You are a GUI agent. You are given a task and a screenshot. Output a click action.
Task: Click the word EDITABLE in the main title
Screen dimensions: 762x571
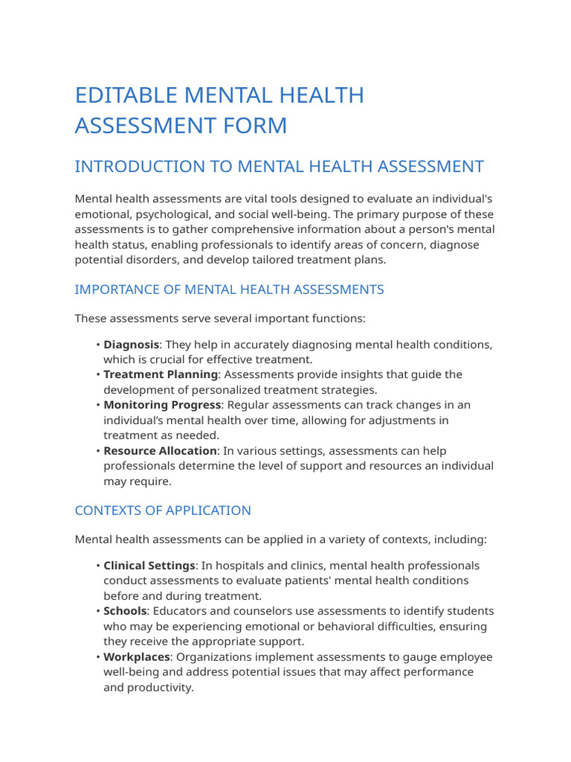tap(126, 96)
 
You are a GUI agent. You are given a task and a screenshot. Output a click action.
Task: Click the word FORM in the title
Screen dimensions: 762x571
tap(257, 126)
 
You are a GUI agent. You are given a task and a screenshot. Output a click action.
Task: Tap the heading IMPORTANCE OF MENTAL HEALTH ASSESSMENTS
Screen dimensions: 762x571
tap(229, 289)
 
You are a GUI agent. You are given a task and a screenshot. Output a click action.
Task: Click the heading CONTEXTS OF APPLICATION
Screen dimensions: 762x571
tap(163, 510)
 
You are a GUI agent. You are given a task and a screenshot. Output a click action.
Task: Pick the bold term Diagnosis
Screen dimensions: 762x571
tap(131, 345)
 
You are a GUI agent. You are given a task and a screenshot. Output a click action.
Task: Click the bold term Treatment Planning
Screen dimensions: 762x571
tap(161, 374)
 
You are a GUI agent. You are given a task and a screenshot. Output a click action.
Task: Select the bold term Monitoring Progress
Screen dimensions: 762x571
tap(162, 405)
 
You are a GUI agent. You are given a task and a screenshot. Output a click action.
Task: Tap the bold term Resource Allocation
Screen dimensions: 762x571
tap(160, 451)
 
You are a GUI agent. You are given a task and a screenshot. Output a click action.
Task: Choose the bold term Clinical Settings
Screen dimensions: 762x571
tap(149, 566)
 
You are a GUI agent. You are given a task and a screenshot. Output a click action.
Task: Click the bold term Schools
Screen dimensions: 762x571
tap(125, 611)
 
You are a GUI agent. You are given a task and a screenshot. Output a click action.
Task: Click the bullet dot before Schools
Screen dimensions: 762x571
tap(98, 611)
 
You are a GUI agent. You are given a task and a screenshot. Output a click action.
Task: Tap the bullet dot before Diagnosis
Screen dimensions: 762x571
tap(98, 345)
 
